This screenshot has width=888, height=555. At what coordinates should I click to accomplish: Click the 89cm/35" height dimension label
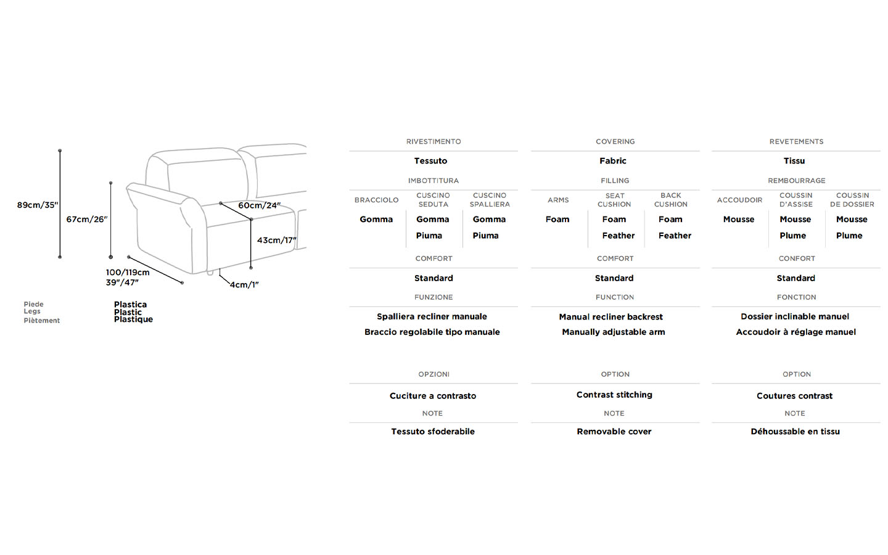pos(38,205)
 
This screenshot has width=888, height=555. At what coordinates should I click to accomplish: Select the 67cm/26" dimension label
pos(87,220)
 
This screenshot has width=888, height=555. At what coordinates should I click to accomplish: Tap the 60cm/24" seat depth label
pos(259,205)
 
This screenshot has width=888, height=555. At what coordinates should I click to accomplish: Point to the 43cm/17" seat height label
pos(277,240)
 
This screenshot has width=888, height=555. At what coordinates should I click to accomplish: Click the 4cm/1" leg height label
pos(244,285)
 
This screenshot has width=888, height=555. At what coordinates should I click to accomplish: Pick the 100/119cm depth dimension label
pos(128,273)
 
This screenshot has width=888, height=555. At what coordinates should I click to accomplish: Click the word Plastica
pos(131,305)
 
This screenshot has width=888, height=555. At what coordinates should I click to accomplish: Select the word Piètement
pos(42,320)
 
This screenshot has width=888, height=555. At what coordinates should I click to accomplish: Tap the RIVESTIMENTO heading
pos(434,142)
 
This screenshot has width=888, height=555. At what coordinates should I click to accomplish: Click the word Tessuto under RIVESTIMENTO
pos(430,161)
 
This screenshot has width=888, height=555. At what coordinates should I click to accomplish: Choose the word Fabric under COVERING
pos(613,161)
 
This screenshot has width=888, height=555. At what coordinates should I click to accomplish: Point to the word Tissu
pos(794,161)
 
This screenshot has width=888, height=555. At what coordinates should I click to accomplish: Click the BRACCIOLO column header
pos(377,200)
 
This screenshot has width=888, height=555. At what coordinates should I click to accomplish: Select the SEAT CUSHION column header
pos(614,200)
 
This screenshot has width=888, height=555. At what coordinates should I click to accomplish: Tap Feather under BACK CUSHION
pos(675,236)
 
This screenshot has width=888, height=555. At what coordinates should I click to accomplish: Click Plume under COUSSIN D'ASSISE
pos(793,236)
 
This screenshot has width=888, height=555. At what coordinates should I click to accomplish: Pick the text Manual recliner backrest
pos(611,317)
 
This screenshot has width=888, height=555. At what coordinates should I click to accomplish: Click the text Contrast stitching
pos(614,395)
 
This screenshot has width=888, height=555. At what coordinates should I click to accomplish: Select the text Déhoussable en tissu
pos(795,431)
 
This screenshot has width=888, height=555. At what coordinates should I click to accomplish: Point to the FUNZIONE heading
pos(434,297)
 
